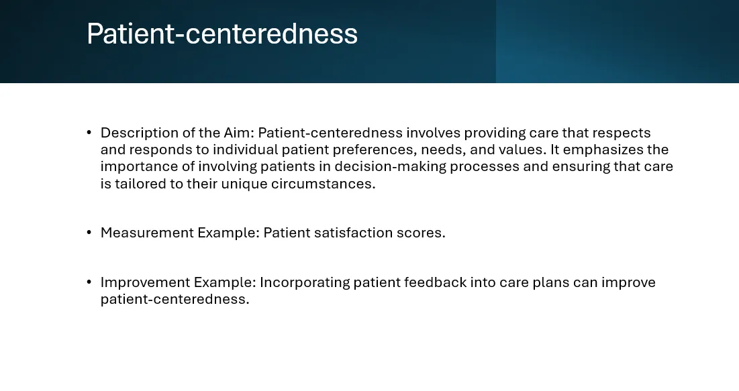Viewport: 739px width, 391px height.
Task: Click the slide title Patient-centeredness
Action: [222, 34]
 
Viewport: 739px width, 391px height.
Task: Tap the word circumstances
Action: [324, 184]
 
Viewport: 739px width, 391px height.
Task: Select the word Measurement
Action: [147, 233]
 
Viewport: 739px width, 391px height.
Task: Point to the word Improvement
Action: [145, 282]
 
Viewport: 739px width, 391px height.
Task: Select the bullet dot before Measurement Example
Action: [89, 232]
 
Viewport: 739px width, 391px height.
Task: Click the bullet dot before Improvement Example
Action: [89, 282]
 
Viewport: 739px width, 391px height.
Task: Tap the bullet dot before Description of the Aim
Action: [89, 132]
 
